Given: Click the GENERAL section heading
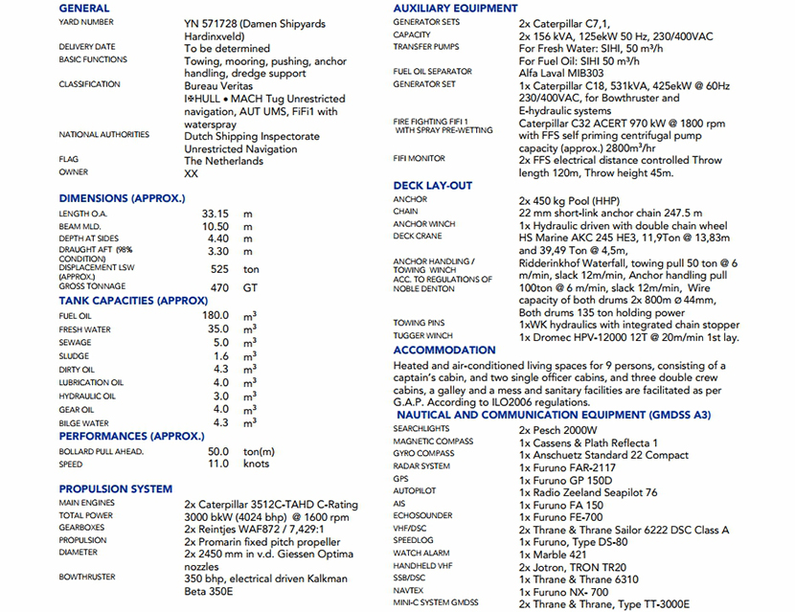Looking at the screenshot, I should click(83, 8).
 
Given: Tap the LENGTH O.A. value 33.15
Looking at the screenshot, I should click(215, 214).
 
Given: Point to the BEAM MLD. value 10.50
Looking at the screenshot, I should click(215, 226).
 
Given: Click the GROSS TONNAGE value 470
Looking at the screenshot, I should click(219, 286).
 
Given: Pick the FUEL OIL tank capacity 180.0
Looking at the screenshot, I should click(215, 315).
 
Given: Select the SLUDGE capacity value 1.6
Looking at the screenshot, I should click(220, 356).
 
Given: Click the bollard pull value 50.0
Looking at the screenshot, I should click(218, 451).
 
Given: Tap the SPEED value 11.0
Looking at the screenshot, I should click(219, 464).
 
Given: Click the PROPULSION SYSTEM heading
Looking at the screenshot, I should click(115, 488).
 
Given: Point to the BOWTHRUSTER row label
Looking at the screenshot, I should click(87, 578).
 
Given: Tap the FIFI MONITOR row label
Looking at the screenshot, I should click(419, 159).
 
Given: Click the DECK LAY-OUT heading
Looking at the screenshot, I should click(433, 186).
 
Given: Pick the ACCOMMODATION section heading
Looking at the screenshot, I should click(444, 351).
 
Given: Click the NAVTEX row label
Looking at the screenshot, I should click(407, 591).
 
